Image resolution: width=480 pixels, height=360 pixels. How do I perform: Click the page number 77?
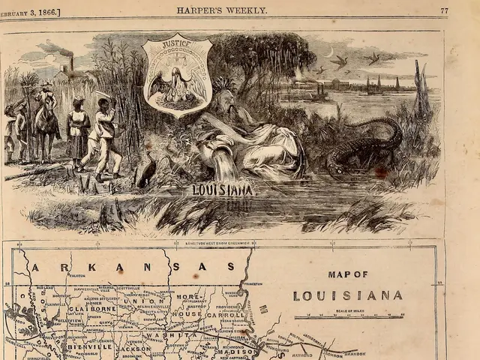click(x=444, y=10)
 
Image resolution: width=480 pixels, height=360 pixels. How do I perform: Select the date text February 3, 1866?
click(x=30, y=10)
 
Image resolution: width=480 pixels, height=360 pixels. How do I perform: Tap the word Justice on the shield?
click(x=178, y=45)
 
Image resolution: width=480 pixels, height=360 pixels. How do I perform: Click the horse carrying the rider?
click(x=46, y=124)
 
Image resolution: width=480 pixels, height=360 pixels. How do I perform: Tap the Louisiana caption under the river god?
click(x=223, y=190)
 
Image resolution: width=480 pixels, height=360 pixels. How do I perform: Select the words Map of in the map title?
click(x=347, y=274)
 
